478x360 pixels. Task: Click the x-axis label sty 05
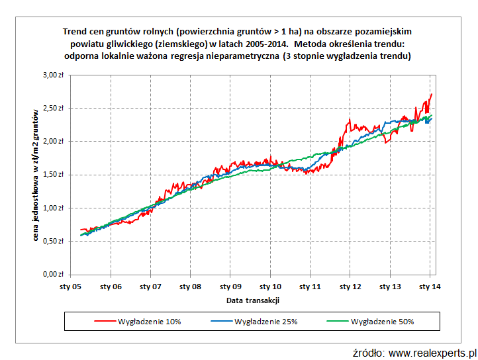(x=71, y=287)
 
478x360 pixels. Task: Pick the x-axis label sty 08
(x=191, y=287)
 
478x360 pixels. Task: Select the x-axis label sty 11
(x=310, y=287)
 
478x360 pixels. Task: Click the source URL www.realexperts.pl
(x=432, y=351)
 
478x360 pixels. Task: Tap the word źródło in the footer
(x=368, y=351)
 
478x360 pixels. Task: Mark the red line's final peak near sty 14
(x=431, y=95)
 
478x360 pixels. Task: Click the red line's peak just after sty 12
(x=349, y=120)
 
